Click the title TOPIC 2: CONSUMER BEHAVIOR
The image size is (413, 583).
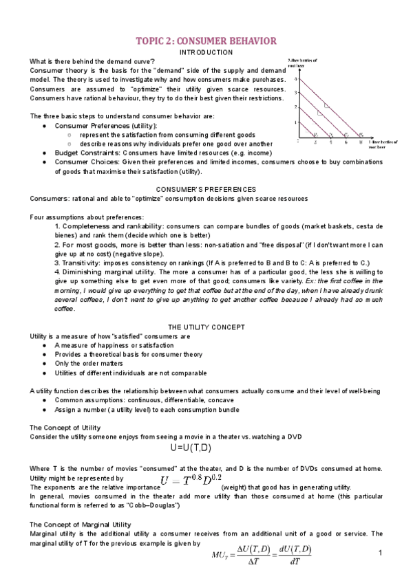coord(206,41)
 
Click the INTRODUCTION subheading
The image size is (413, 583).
coord(206,52)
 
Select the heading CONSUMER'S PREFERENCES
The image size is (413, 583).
coord(206,189)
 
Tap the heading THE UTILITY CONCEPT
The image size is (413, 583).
coord(206,327)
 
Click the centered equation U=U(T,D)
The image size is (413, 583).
coord(205,446)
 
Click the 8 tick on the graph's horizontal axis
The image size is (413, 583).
coord(360,141)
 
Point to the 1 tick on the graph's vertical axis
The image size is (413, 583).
coord(297,122)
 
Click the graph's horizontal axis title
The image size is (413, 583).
coord(383,144)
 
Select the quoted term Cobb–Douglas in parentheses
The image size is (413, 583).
coord(157,506)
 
